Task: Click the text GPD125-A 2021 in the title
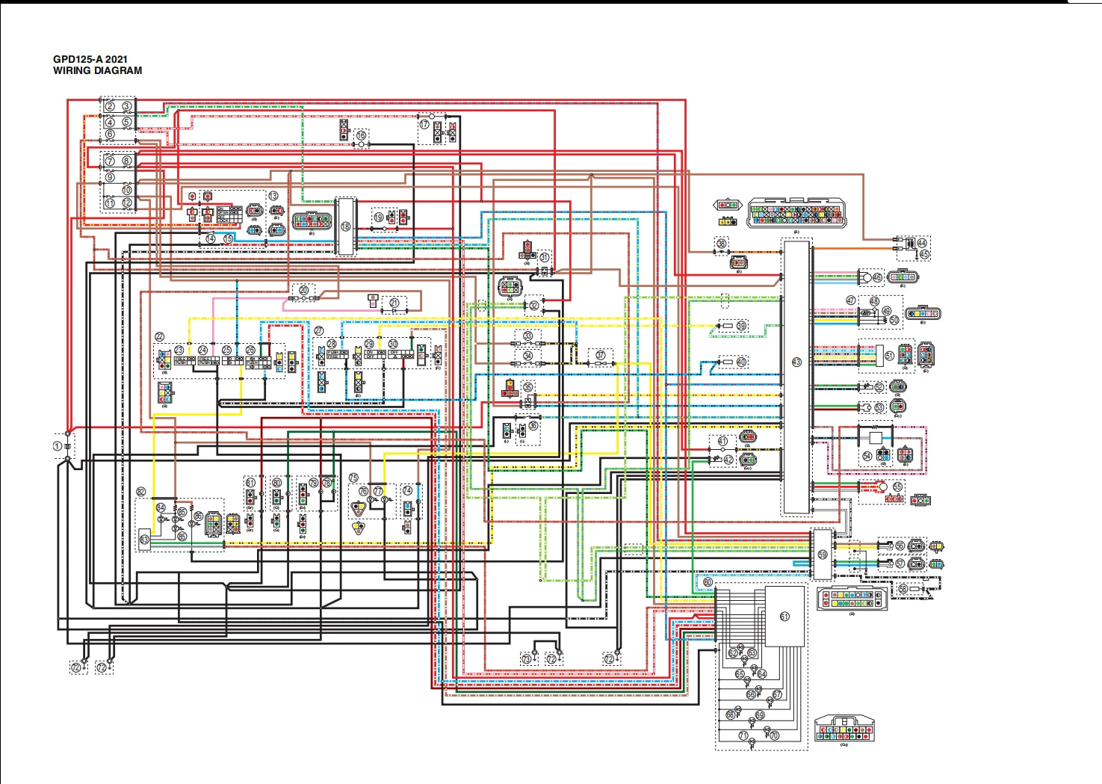pos(90,59)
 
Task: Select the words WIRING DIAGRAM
pos(97,71)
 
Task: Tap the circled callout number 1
pos(58,446)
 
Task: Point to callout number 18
pos(345,226)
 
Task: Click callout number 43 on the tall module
pos(796,362)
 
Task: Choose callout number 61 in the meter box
pos(784,617)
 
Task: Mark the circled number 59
pos(823,555)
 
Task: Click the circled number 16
pos(362,135)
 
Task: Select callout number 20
pos(303,290)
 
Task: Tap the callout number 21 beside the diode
pos(394,303)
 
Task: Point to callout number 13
pos(273,196)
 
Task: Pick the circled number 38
pos(721,244)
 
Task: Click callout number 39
pos(741,326)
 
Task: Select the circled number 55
pos(897,487)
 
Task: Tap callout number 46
pos(877,277)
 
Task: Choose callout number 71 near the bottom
pos(743,735)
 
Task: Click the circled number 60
pos(708,582)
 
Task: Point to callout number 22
pos(159,338)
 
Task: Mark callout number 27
pos(319,330)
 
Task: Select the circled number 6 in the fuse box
pos(110,135)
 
